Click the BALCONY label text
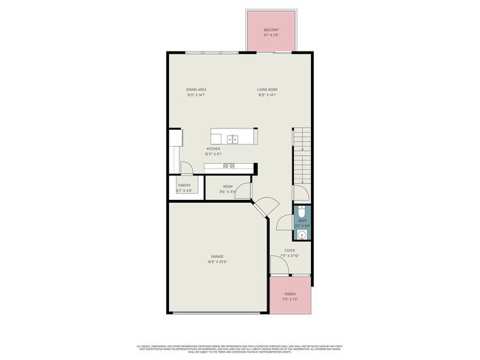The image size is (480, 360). coord(271,30)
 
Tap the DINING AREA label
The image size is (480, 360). coord(196,90)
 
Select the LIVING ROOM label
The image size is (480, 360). coord(267,90)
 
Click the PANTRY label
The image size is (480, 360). coord(185,187)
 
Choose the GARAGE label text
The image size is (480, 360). coord(216,257)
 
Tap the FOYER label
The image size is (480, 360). coord(289,251)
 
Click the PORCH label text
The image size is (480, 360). coord(290,294)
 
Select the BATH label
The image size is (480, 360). coord(303,221)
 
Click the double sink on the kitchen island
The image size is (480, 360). coord(233,138)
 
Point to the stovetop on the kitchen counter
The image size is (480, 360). coord(229,167)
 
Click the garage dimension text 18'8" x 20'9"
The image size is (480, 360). coord(216,262)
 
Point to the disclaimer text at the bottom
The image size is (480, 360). coord(239,347)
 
